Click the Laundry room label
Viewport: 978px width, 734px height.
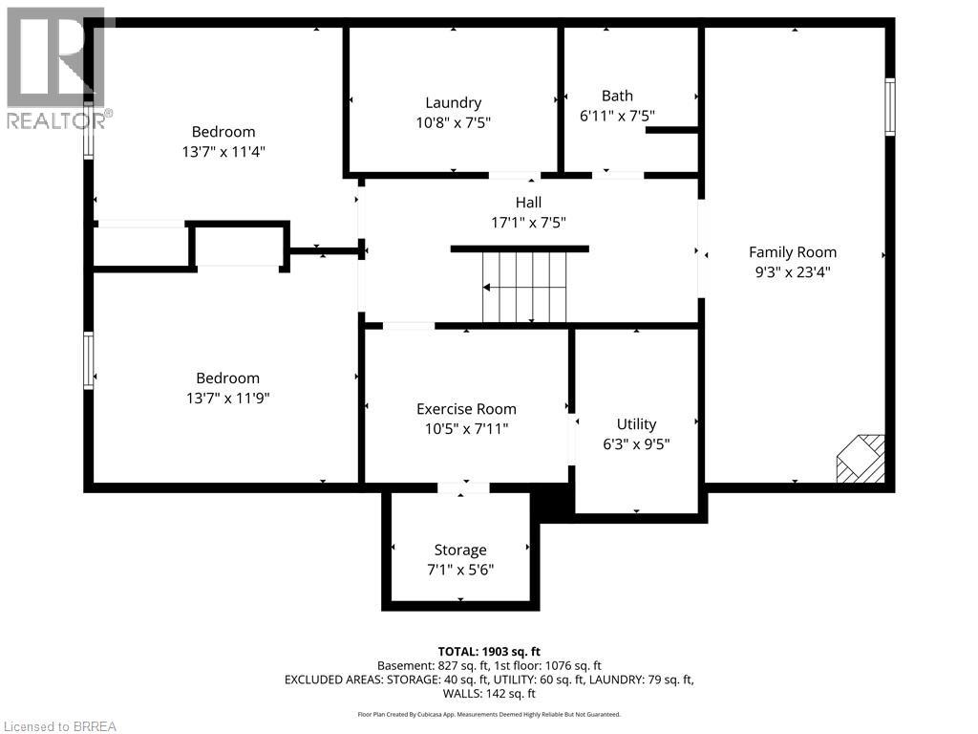453,102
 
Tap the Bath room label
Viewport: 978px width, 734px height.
617,96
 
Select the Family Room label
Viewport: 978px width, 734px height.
792,252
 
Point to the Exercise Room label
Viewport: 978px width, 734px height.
466,409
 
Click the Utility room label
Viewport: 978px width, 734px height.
636,423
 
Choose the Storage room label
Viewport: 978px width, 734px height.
460,550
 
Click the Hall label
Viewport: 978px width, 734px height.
528,203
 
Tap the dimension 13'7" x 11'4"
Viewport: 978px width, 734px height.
223,151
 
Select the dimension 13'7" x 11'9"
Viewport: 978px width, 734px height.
227,398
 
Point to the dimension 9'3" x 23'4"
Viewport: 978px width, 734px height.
792,271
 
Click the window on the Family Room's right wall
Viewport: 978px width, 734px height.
889,107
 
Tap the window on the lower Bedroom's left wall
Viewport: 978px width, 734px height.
89,360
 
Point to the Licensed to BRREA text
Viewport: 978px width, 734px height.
59,726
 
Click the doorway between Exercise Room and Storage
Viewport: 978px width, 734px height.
463,488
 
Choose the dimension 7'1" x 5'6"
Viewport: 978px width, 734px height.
460,570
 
